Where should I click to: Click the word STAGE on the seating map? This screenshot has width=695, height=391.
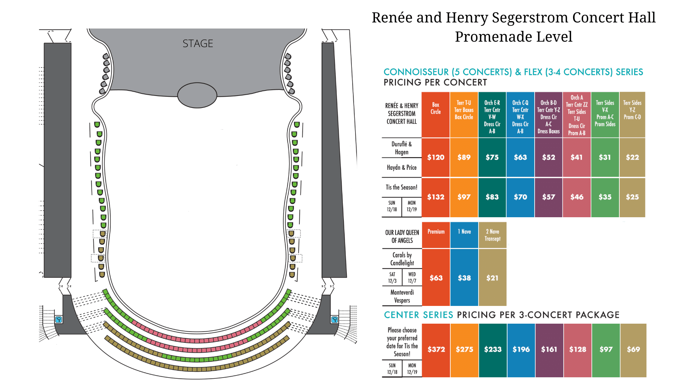[x=198, y=43]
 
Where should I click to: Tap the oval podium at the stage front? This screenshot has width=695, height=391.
[x=197, y=95]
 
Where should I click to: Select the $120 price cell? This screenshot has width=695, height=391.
[x=436, y=157]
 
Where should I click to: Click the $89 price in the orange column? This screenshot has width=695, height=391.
[x=464, y=157]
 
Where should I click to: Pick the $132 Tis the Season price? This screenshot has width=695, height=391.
[x=436, y=197]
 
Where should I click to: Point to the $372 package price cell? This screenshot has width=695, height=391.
[x=436, y=349]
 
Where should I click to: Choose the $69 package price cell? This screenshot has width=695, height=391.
[x=633, y=349]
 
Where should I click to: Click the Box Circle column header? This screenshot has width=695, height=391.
[x=436, y=108]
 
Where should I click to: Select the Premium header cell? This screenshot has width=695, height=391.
[x=436, y=232]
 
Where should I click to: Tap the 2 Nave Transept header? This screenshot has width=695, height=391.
[x=493, y=235]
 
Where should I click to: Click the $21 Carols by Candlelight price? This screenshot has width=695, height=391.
[x=493, y=278]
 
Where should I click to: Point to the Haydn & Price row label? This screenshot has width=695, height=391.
[x=402, y=167]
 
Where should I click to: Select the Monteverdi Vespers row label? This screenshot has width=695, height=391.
[x=402, y=296]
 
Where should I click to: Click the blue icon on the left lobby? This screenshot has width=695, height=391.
[x=59, y=319]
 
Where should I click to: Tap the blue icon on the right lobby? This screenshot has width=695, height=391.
[x=334, y=319]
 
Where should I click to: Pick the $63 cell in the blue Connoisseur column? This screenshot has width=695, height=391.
[x=521, y=157]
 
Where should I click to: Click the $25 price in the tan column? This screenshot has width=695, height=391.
[x=632, y=197]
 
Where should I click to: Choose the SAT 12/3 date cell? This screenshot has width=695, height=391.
[x=392, y=278]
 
